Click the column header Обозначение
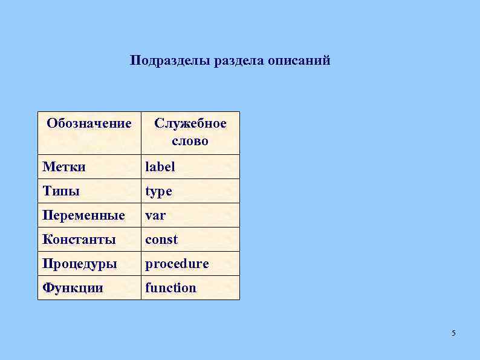click(x=89, y=124)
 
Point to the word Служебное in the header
click(x=190, y=124)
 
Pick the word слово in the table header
click(x=190, y=142)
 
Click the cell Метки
click(x=63, y=167)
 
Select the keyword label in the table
click(x=160, y=167)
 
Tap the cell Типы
click(x=60, y=191)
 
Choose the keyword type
click(x=158, y=192)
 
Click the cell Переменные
click(x=83, y=215)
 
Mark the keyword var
click(x=155, y=215)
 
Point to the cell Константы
click(x=79, y=240)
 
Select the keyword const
click(x=161, y=240)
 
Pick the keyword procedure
click(x=177, y=264)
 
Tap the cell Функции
click(x=73, y=288)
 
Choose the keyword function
click(x=170, y=288)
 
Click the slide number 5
click(x=454, y=333)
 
